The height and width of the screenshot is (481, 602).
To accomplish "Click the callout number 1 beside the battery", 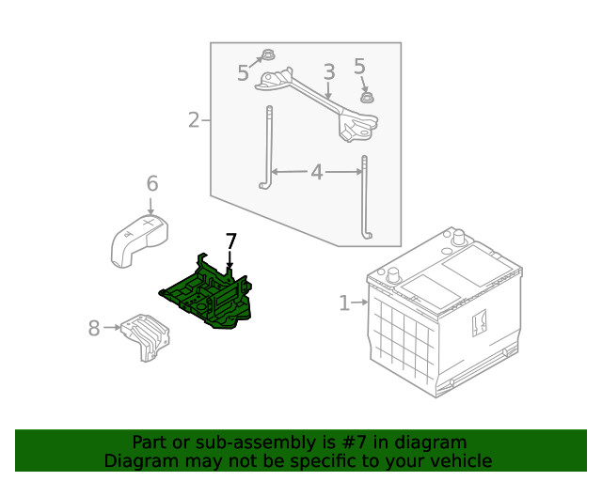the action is pos(344,303).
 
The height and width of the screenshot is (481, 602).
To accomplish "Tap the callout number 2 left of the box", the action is pos(195,120).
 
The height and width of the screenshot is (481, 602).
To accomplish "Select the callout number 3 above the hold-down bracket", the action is pos(329,72).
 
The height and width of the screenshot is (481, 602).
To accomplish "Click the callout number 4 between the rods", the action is pos(317,172).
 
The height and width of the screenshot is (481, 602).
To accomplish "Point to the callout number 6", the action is pos(152,183).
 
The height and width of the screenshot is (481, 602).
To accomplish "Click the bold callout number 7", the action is pos(230,241).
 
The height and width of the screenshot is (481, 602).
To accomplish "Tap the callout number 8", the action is pos(94,328).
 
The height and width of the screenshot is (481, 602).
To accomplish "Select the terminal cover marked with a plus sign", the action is pos(140,240).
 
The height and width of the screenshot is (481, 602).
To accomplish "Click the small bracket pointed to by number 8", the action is pos(146,337).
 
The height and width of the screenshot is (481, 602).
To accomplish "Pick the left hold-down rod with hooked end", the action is pos(268,147).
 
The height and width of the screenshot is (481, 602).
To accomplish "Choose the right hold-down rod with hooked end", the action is pos(366,196).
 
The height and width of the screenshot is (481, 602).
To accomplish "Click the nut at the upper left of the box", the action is pos(268,54).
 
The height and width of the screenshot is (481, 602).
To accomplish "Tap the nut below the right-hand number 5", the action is pos(368,97).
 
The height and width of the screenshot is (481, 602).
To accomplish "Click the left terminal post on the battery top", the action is pos(394,274).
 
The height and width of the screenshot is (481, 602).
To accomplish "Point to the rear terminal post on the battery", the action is pos(458,237).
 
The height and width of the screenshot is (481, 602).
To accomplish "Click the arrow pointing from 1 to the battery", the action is pos(359,303).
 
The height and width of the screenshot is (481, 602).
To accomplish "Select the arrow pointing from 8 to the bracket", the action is pos(112,328).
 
